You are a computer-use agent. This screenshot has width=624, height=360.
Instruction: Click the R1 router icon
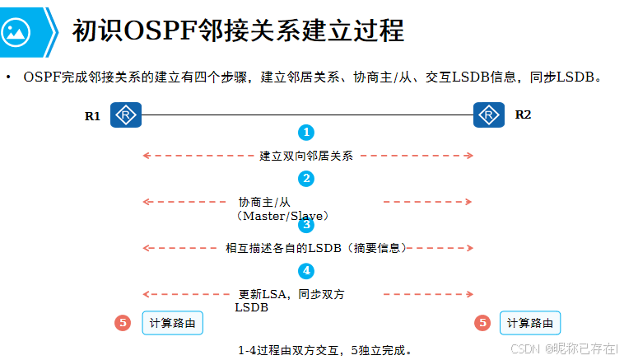point(126,115)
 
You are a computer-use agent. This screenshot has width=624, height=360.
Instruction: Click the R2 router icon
point(489,115)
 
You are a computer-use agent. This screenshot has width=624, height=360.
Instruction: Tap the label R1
point(92,116)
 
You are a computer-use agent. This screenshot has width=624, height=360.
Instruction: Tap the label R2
point(523,115)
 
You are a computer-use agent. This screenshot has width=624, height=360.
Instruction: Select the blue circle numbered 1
point(306,132)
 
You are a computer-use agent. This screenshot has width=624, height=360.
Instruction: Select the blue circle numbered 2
point(306,179)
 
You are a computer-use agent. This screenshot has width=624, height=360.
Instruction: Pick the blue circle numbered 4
point(306,270)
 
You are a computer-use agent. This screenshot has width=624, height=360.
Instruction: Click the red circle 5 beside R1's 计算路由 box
point(122,323)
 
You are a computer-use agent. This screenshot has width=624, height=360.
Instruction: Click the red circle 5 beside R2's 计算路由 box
point(482,323)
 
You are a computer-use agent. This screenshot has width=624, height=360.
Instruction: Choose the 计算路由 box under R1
point(172,323)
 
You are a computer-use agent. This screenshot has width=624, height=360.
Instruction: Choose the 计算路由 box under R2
point(530,323)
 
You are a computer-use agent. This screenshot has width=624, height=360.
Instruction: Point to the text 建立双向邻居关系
point(306,156)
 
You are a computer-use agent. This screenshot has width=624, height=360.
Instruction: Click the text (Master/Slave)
point(282,216)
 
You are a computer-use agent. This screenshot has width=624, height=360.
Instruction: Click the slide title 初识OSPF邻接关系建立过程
point(238,30)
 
